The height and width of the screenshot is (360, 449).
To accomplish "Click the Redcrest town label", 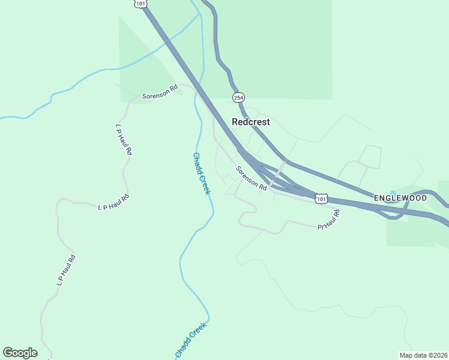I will click(x=251, y=122).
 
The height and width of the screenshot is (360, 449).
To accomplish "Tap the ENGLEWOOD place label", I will click(x=400, y=197).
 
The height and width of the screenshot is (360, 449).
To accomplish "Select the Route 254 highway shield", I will click(x=238, y=97).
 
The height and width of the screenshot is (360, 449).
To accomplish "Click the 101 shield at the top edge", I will click(x=140, y=4).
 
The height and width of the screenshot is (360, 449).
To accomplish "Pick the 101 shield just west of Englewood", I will click(x=322, y=198).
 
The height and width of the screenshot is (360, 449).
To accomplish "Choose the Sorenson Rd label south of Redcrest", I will click(x=251, y=178).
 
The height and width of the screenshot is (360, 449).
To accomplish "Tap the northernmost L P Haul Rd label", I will click(x=123, y=140).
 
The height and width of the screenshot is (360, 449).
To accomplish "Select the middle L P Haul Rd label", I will click(x=113, y=202).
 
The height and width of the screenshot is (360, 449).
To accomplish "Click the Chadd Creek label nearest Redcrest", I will click(x=202, y=173).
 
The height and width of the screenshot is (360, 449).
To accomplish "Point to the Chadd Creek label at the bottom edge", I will click(x=191, y=341).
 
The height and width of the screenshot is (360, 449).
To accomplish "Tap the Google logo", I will click(x=20, y=353).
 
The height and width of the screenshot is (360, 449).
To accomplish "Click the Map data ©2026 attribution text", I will click(x=423, y=355).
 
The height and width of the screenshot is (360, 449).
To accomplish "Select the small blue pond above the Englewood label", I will click(x=393, y=193).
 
